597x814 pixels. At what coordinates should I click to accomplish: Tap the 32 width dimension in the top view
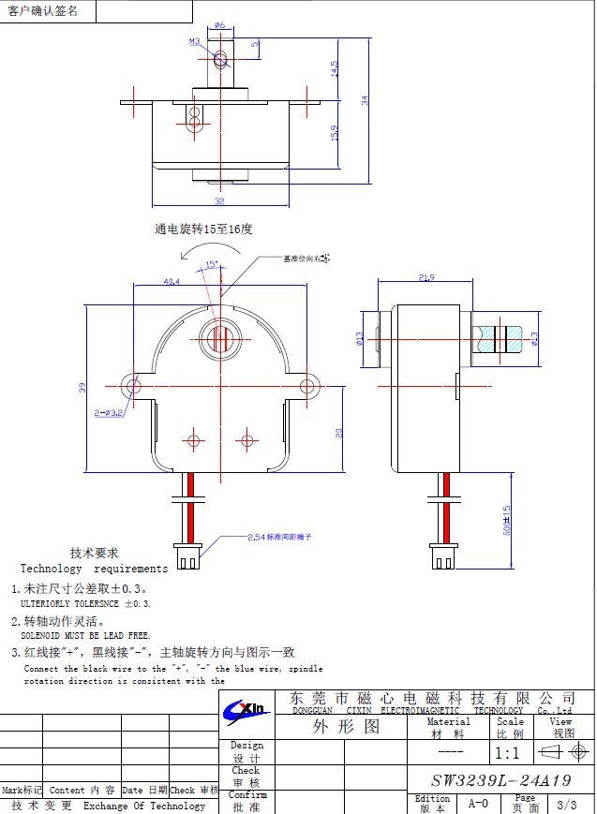(219, 200)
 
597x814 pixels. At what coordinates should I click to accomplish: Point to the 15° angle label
(212, 264)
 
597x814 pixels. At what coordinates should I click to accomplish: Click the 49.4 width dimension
(172, 281)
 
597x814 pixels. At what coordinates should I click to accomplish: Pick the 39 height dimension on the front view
(82, 387)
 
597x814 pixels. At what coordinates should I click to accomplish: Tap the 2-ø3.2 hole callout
(108, 412)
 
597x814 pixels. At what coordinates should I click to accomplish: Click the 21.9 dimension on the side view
(426, 277)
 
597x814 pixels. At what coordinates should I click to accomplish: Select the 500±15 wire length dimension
(507, 521)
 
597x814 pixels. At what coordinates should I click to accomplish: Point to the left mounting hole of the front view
(134, 386)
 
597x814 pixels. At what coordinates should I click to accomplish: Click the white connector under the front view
(187, 556)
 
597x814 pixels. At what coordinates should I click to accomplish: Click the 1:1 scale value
(507, 753)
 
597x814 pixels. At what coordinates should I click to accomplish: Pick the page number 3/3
(566, 805)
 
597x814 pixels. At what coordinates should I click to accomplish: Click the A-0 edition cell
(478, 804)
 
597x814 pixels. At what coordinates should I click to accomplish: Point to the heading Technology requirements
(94, 569)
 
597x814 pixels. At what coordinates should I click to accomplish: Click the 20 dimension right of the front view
(339, 432)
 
